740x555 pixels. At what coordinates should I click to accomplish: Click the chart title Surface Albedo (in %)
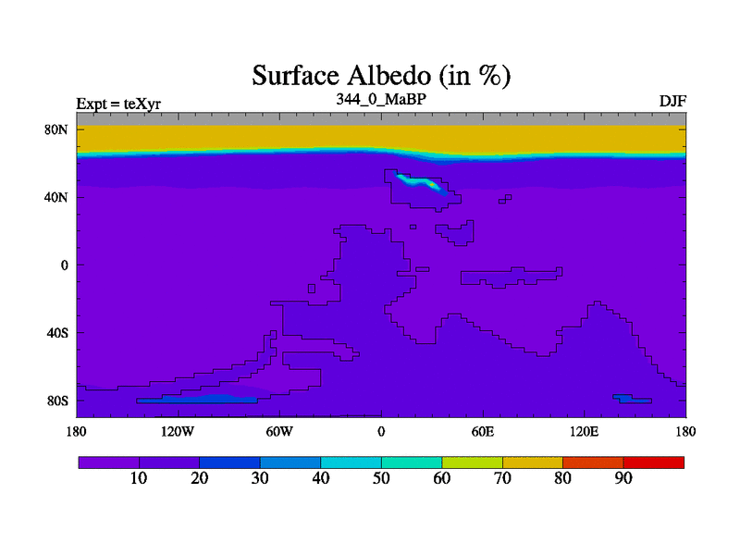tap(381, 76)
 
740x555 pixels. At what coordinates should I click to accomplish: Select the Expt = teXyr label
tap(118, 104)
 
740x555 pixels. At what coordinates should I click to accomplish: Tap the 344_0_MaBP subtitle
tap(381, 99)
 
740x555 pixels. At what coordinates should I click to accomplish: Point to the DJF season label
tap(672, 102)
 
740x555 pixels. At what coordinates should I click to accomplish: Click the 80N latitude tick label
tap(56, 129)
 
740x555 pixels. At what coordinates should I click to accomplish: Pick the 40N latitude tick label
tap(56, 197)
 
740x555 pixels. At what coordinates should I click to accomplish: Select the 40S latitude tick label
tap(57, 333)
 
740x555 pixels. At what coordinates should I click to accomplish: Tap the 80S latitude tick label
tap(57, 401)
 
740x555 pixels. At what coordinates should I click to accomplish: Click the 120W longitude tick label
tap(178, 431)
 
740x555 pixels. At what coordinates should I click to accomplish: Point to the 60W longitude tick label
tap(279, 431)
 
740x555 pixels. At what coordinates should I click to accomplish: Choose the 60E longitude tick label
tap(483, 431)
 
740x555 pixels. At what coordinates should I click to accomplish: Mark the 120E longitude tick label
tap(585, 431)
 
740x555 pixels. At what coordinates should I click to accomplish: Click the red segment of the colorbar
tap(654, 462)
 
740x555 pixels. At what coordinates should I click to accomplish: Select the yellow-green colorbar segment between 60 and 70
tap(472, 462)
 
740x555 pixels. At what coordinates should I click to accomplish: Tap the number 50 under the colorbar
tap(381, 478)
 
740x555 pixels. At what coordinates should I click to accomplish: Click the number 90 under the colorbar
tap(623, 478)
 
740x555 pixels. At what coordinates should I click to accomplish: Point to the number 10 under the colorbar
tap(139, 478)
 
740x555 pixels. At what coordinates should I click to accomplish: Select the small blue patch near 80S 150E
tap(633, 399)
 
